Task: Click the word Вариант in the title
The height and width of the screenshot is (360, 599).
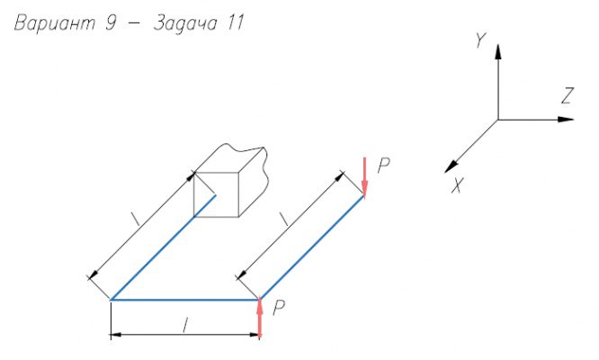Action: [x=54, y=22]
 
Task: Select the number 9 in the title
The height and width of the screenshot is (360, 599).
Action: [x=110, y=22]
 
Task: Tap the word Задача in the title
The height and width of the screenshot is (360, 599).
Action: [x=185, y=22]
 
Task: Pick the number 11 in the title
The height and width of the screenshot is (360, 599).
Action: [x=236, y=22]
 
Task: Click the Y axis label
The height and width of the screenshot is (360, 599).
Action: [x=480, y=40]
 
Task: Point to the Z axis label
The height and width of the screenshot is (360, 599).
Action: [x=568, y=95]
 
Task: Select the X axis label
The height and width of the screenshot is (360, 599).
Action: [x=457, y=185]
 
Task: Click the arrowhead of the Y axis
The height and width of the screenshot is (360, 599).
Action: [x=497, y=51]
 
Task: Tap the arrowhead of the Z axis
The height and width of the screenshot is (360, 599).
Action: [x=566, y=120]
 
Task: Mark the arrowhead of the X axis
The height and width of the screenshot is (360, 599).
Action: [x=451, y=166]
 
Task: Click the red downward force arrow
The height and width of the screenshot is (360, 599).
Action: [x=364, y=177]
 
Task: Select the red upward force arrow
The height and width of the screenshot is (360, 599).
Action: [x=260, y=317]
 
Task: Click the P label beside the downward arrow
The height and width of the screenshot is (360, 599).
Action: [x=383, y=166]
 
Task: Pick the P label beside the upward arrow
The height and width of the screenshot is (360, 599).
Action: [x=279, y=308]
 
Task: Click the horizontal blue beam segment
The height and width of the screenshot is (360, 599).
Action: [x=185, y=300]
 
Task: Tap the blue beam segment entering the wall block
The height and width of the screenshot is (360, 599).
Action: [x=163, y=247]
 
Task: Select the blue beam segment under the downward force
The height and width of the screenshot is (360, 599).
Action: [x=312, y=247]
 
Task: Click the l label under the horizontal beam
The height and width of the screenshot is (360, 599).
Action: [x=185, y=325]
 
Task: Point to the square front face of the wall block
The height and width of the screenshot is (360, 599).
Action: [x=216, y=194]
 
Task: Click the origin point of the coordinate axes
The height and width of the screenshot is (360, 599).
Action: [x=497, y=120]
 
